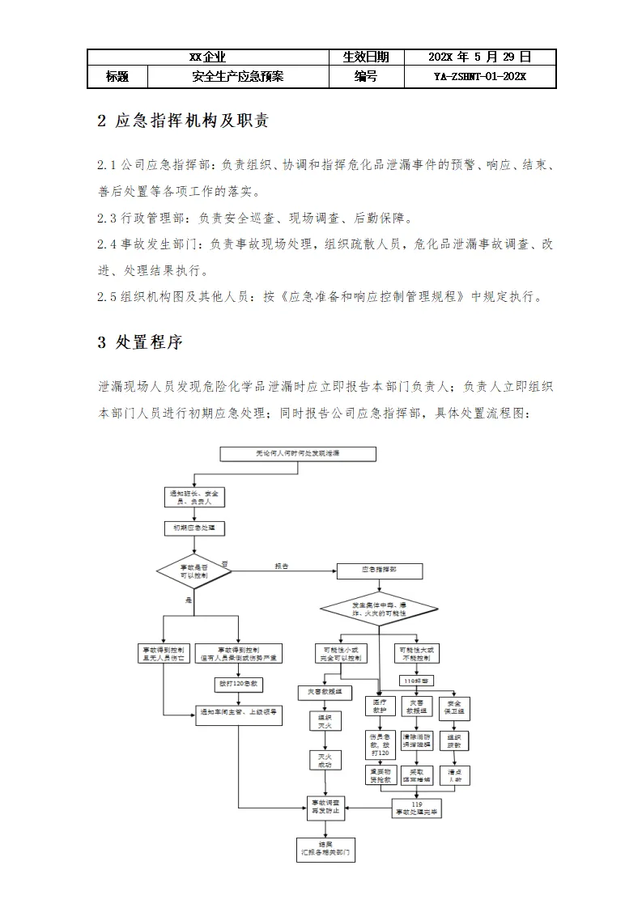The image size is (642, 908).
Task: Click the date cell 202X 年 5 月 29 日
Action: [479, 57]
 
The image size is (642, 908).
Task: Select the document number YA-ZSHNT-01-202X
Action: [479, 77]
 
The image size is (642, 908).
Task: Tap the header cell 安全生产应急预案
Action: [238, 77]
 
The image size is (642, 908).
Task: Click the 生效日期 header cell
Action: [366, 57]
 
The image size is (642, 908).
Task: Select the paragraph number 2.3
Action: [107, 218]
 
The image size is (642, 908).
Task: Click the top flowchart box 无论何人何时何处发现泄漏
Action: [298, 454]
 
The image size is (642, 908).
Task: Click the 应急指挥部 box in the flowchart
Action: [378, 571]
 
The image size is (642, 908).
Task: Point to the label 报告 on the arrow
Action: [281, 566]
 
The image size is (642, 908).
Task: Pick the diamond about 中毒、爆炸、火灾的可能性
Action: [378, 609]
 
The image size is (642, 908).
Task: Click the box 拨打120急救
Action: [238, 684]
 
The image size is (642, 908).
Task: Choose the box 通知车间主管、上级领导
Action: [238, 713]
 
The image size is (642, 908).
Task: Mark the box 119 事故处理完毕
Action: [417, 807]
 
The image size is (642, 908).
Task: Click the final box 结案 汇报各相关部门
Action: [325, 849]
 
